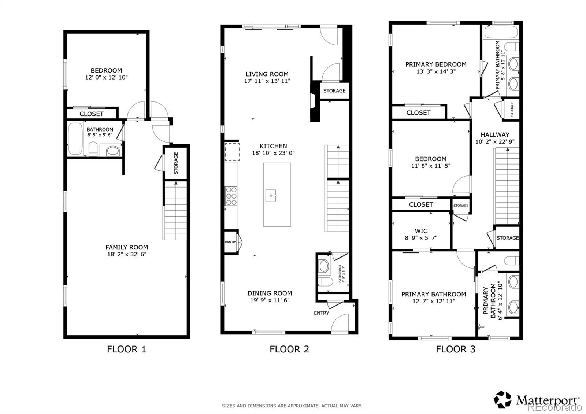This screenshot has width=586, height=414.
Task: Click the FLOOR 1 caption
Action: (126, 349)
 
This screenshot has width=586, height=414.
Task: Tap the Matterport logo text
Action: (548, 400)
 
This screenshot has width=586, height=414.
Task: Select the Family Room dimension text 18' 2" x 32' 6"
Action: (127, 254)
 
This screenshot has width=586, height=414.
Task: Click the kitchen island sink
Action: (271, 195)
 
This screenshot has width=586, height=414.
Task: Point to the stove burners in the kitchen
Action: (231, 196)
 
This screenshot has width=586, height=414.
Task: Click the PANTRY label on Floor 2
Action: (230, 242)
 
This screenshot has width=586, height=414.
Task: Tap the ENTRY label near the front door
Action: (321, 313)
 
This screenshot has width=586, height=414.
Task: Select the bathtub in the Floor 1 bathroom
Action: (76, 139)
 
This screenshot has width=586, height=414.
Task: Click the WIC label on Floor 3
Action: (421, 231)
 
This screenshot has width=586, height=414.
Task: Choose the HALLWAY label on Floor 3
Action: (495, 134)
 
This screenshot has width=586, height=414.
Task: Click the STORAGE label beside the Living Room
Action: (334, 90)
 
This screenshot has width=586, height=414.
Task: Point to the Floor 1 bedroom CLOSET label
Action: (92, 114)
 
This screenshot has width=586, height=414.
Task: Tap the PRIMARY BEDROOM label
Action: (436, 64)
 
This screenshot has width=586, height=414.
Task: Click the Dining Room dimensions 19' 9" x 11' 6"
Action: (270, 300)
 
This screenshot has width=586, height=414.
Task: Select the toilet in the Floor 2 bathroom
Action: (324, 281)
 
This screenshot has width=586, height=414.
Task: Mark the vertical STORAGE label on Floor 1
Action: (176, 163)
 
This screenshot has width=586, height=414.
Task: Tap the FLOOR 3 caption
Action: (455, 349)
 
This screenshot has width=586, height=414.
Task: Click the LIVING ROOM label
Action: (267, 74)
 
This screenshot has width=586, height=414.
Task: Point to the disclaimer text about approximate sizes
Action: (292, 406)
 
